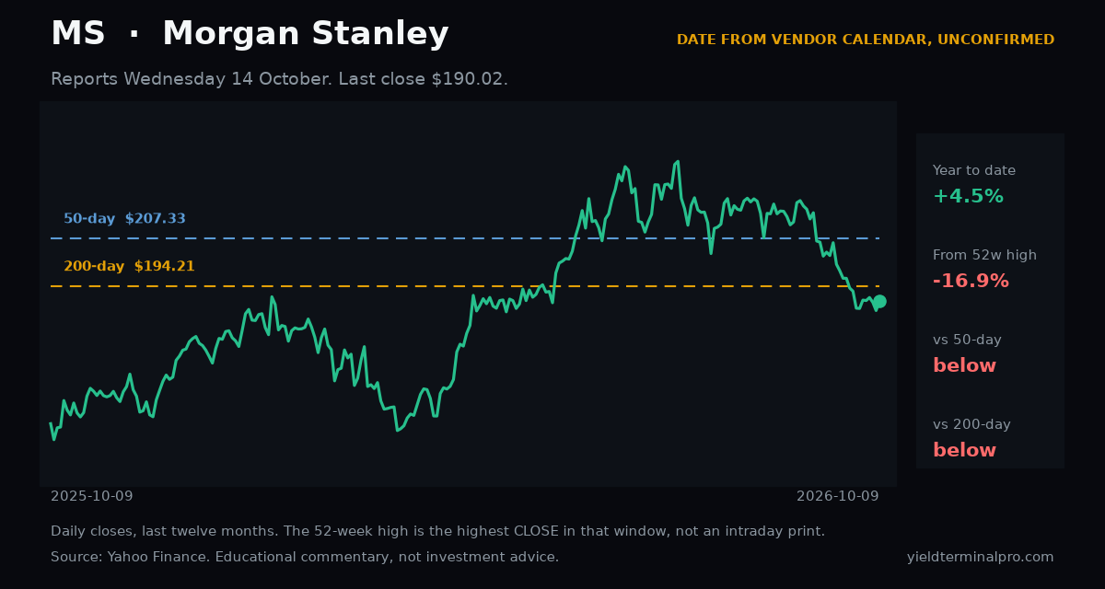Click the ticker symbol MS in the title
78,33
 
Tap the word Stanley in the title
379,33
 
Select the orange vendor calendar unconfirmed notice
866,40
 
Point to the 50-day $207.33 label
125,218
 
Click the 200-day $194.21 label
129,266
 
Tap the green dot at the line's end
879,301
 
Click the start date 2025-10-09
92,496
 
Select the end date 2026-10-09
838,496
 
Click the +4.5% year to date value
968,196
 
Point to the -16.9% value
971,281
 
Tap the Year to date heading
974,170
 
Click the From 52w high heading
984,255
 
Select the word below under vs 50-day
964,365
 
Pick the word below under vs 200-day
964,451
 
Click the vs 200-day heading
971,424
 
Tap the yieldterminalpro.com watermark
980,557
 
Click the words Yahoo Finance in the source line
158,557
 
